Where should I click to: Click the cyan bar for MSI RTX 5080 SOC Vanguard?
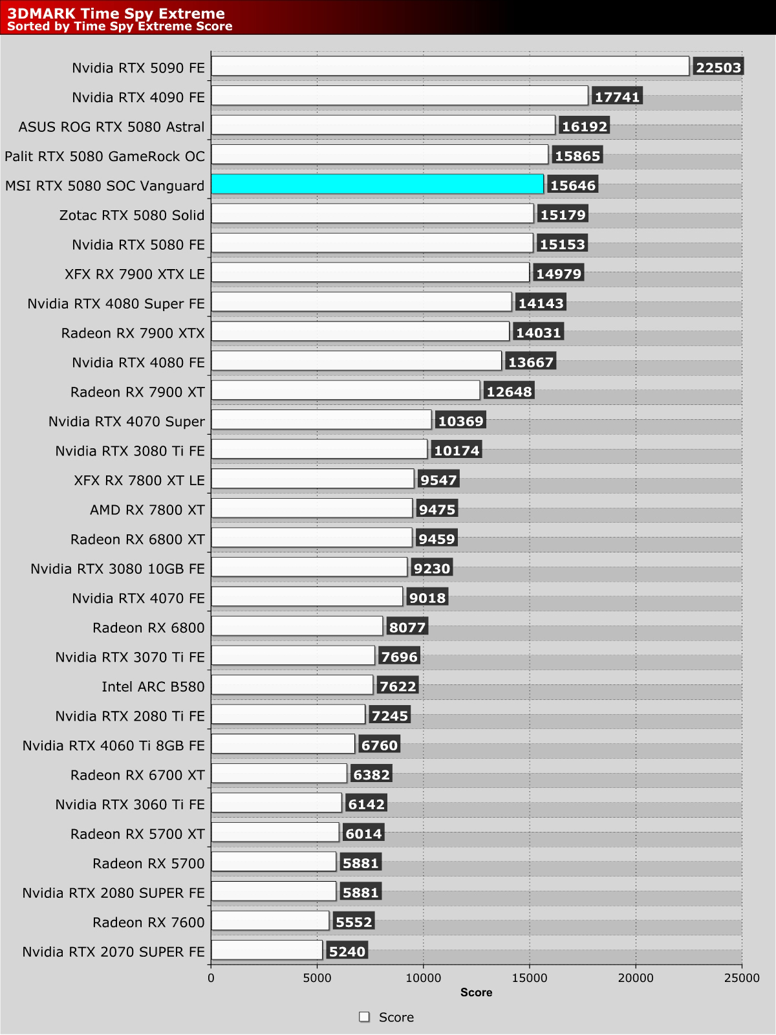tap(377, 184)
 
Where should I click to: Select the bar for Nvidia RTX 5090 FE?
tap(450, 66)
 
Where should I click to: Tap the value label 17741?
tap(617, 97)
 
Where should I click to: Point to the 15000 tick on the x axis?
tap(530, 978)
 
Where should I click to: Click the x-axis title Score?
tap(476, 992)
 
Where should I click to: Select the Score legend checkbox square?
tap(365, 1017)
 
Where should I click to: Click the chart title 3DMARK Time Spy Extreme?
tap(116, 13)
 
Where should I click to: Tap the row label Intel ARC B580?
tap(153, 686)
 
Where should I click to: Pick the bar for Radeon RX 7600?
tap(270, 921)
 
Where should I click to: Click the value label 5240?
tap(347, 952)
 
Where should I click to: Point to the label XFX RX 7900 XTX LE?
tap(135, 274)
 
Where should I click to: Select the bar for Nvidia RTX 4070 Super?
tap(321, 420)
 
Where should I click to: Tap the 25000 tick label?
tap(742, 978)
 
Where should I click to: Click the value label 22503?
tap(718, 67)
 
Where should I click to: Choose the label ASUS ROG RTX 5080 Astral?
tap(111, 127)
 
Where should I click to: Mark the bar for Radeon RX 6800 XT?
tap(312, 538)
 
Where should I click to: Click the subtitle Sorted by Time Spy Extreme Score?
tap(120, 27)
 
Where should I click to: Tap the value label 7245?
tap(390, 715)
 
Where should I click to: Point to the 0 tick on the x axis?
tap(211, 978)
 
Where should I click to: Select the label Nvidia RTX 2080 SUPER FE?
tap(113, 893)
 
